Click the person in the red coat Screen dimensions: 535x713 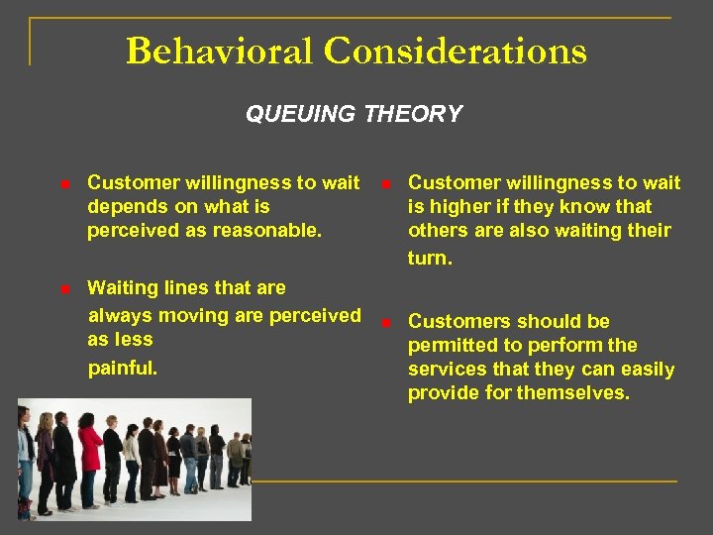(89, 461)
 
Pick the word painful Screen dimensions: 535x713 (123, 368)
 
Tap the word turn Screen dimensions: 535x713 (430, 259)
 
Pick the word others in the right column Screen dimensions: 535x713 (437, 230)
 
